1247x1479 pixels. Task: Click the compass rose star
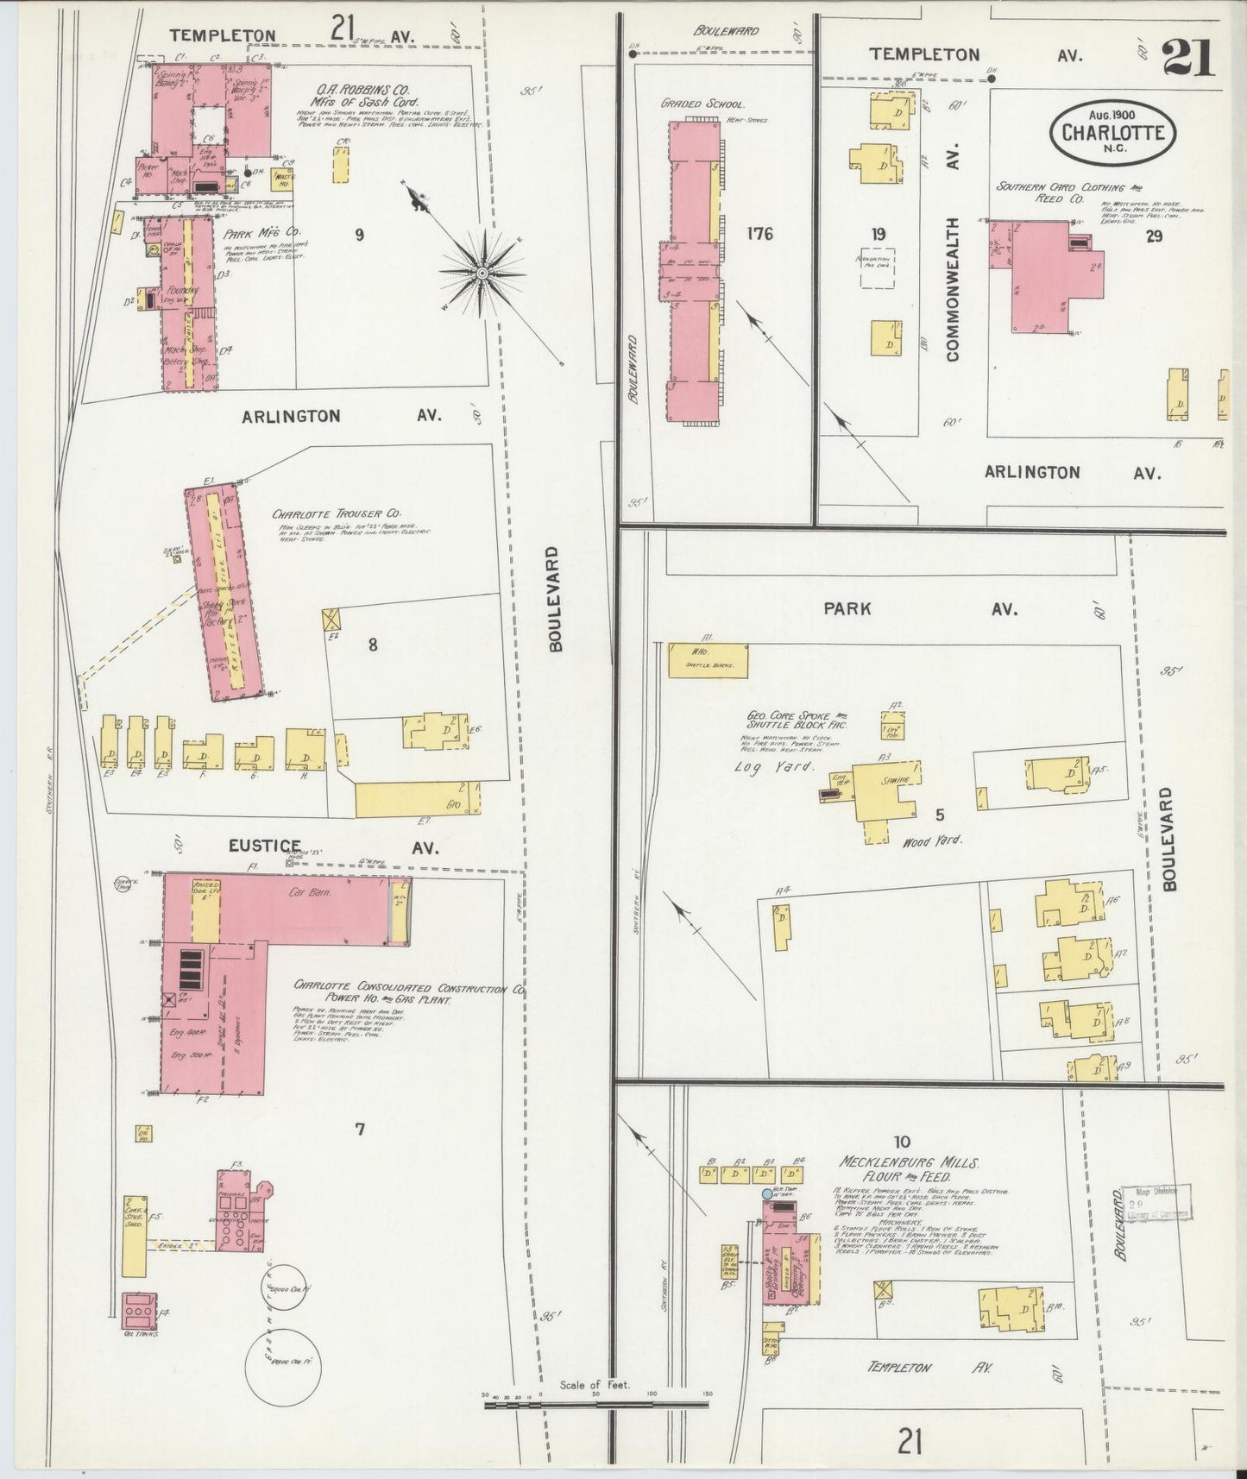(482, 273)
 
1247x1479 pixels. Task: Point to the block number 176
(760, 233)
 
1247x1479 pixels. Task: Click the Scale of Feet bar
(595, 1405)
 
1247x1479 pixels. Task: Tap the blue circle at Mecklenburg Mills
(767, 1194)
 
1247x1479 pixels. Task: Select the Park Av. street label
(917, 608)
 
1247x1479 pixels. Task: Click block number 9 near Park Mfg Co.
(359, 233)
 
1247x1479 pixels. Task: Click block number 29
(1154, 236)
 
